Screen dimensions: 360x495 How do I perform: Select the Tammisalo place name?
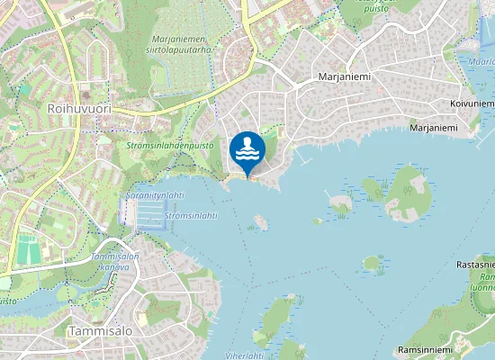[x=99, y=331]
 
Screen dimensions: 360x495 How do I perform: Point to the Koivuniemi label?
[x=471, y=104]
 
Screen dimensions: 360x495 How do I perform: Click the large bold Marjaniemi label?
[x=345, y=77]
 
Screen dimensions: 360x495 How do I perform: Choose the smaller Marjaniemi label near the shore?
[x=433, y=128]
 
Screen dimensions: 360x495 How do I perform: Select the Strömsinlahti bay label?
[x=192, y=216]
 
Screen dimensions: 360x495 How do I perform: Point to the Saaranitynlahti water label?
[x=155, y=195]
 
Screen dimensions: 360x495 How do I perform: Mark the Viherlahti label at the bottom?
[x=243, y=355]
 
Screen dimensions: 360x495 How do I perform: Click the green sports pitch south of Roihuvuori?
[x=28, y=248]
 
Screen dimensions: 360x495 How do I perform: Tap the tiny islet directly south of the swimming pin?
[x=260, y=221]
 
